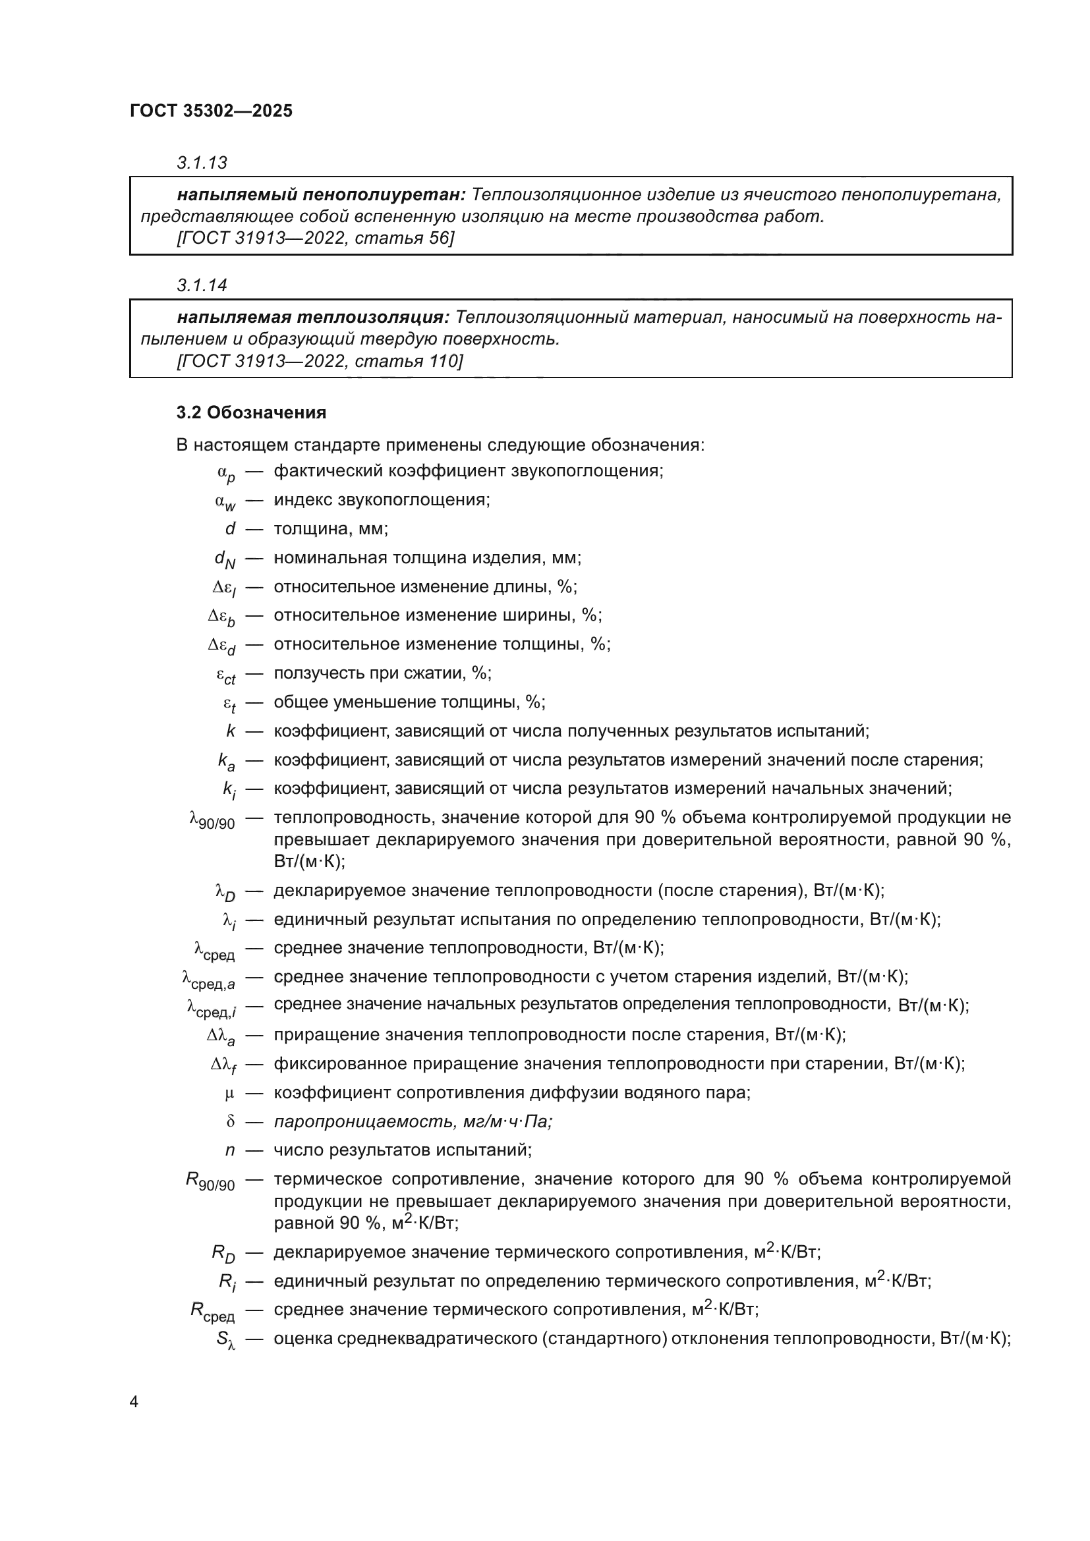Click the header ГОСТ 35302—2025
point(212,111)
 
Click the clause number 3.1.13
point(202,163)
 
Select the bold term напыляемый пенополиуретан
point(321,195)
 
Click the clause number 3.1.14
point(202,286)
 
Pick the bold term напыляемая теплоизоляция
point(313,318)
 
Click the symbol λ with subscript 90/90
point(212,820)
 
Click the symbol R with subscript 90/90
point(210,1182)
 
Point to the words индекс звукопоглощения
point(381,500)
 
